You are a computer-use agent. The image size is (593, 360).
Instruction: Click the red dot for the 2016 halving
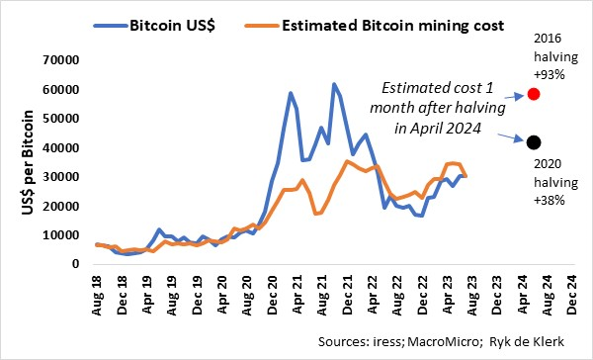point(535,94)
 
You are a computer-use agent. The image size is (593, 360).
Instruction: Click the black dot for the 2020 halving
point(535,143)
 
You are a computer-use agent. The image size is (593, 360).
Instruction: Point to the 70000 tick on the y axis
point(48,61)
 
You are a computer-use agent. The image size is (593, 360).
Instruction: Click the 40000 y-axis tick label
point(48,148)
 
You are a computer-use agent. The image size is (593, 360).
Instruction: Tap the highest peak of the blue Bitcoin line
point(334,84)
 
